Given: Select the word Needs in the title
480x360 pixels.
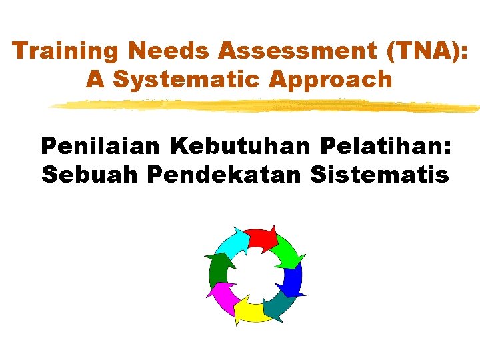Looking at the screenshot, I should pos(152,51).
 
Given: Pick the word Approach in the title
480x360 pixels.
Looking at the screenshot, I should pos(331,80).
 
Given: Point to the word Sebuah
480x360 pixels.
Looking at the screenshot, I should pos(89,175).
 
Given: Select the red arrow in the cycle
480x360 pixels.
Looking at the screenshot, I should pos(261,238).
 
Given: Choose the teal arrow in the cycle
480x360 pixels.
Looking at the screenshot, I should pos(278,306).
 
